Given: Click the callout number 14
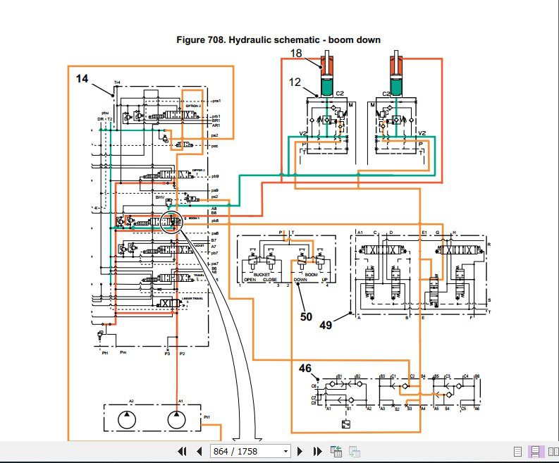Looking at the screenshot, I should [x=82, y=79].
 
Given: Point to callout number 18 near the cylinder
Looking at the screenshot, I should [x=296, y=54].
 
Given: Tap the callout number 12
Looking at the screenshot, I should [x=295, y=82].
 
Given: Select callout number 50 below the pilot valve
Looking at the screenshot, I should [x=306, y=317].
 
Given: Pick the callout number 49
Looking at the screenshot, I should [x=326, y=325].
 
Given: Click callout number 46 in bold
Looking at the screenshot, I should [x=305, y=367].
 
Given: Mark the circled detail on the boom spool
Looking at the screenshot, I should [x=172, y=221].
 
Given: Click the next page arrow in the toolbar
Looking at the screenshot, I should [x=300, y=451].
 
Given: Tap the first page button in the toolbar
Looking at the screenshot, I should [x=182, y=451].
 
